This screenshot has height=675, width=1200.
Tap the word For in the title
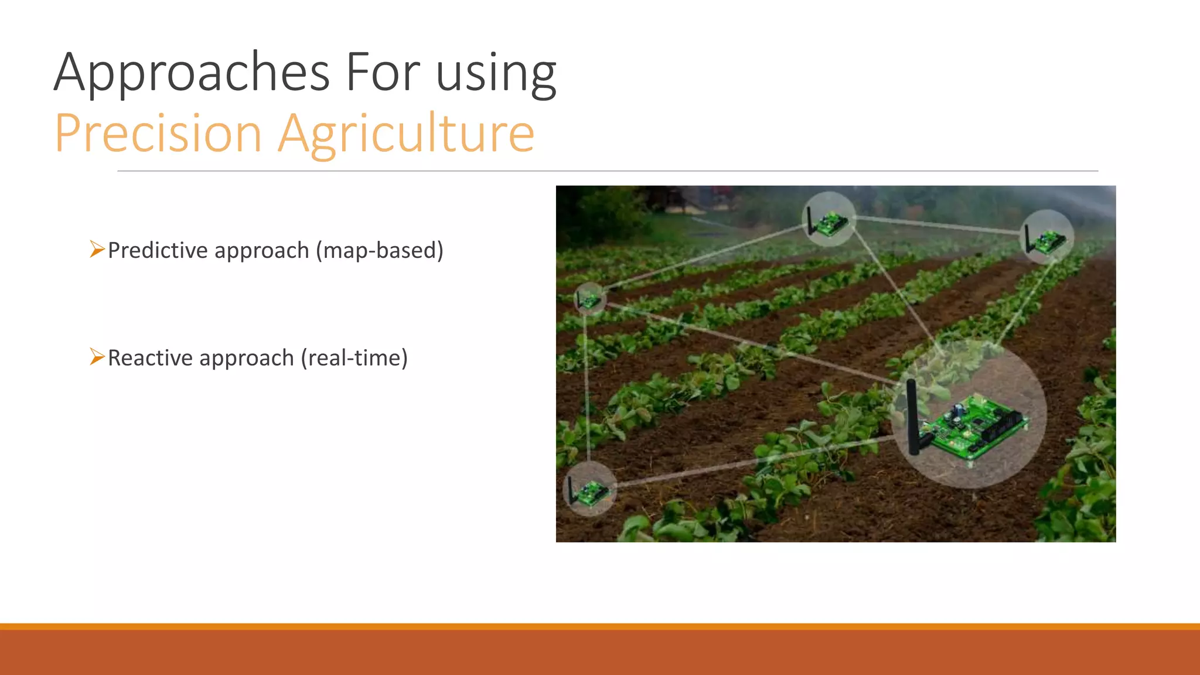tap(383, 73)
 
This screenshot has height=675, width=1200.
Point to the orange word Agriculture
tap(406, 135)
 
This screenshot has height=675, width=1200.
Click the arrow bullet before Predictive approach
tap(97, 249)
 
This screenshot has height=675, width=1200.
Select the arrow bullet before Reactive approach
tap(97, 356)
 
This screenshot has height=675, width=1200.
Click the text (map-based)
tap(380, 250)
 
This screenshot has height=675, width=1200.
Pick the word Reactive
tap(150, 358)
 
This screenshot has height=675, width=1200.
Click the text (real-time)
tap(354, 358)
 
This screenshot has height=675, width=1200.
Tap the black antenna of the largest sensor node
tap(912, 416)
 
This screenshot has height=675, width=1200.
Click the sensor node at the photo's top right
tap(1046, 238)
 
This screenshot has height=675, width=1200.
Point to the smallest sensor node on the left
tap(589, 299)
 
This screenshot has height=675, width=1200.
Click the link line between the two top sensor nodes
tap(937, 226)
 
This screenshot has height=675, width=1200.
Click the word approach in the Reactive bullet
tap(246, 358)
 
